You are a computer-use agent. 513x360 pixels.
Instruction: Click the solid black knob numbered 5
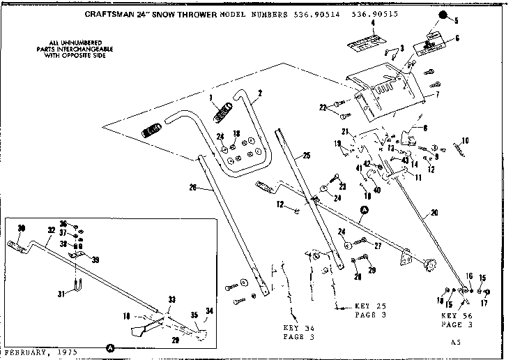tap(443, 15)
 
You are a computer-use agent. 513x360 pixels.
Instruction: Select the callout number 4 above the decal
tap(373, 23)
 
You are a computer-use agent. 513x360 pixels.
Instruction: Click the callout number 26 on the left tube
tap(193, 186)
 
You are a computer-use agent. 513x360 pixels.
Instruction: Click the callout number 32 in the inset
tap(52, 229)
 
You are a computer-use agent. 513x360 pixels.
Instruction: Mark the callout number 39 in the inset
tap(95, 260)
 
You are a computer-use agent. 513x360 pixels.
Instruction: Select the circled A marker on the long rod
tap(363, 209)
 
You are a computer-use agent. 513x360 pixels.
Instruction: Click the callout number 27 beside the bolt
tap(378, 246)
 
